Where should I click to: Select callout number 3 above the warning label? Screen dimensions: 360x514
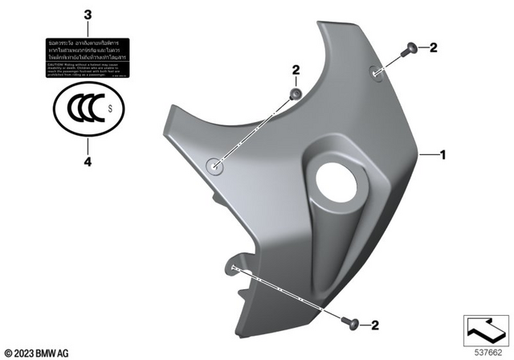pos(88,15)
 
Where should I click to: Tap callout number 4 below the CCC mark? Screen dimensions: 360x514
pos(88,162)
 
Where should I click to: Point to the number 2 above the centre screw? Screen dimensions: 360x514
pos(296,72)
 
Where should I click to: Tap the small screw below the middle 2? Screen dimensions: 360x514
pos(296,95)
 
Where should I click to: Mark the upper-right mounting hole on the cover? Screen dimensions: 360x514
pos(377,72)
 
